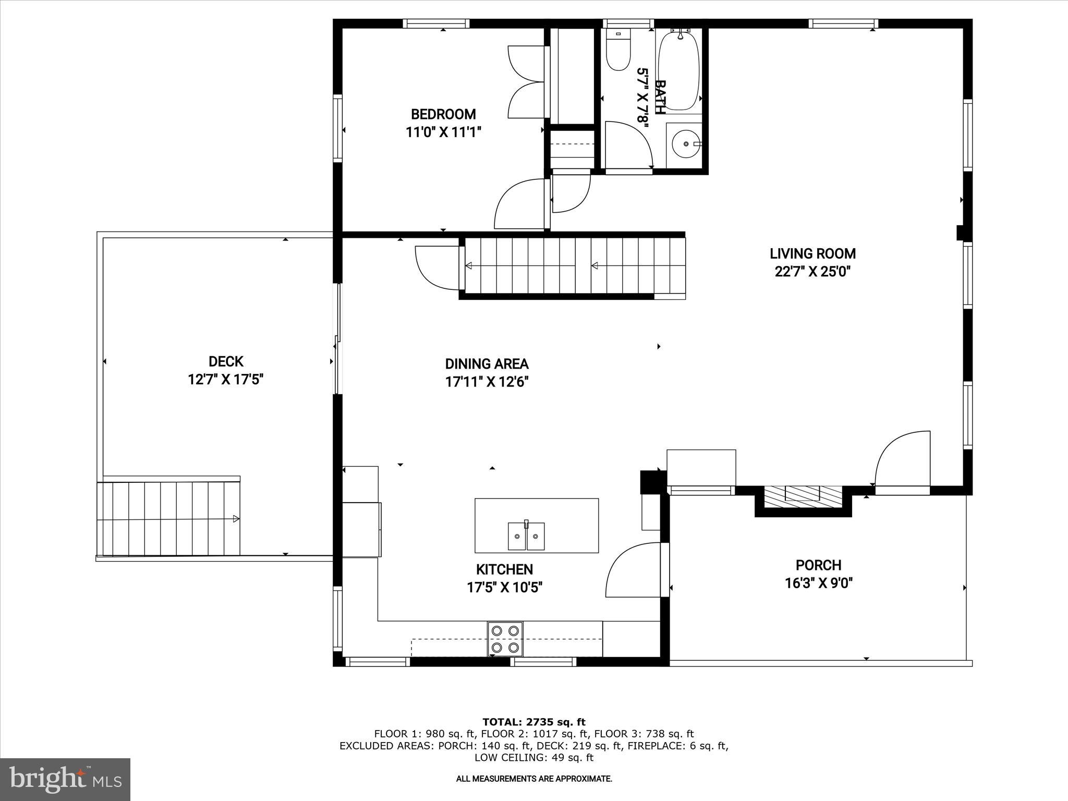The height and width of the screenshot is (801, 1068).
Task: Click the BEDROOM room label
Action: [x=443, y=114]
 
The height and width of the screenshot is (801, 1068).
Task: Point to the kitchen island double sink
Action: [x=526, y=536]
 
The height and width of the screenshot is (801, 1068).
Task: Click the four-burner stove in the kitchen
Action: [x=505, y=639]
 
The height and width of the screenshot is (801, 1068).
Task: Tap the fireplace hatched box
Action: [x=803, y=494]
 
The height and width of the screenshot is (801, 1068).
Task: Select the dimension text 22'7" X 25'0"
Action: [x=812, y=272]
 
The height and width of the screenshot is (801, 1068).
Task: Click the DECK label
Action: [x=226, y=361]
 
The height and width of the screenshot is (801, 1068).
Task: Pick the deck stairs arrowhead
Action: [x=236, y=519]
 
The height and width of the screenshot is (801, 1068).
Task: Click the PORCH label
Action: [x=818, y=565]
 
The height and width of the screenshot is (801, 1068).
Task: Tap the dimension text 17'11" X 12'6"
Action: [x=487, y=382]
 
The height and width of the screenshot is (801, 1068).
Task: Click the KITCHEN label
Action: [x=504, y=569]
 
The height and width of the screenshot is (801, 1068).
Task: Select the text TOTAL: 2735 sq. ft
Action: [x=533, y=722]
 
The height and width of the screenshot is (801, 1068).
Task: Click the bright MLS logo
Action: [x=65, y=779]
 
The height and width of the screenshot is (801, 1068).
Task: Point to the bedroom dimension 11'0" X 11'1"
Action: [x=443, y=132]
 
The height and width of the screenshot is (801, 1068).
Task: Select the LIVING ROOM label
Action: [x=812, y=254]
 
